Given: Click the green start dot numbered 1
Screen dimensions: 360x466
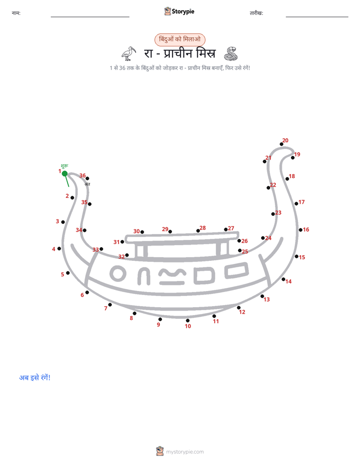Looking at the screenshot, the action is point(65,173).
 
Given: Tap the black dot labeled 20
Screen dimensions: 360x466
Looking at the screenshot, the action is point(281,144).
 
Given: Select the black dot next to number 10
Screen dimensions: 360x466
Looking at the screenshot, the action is point(188,321).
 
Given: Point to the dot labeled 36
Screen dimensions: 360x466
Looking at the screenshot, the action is point(87,179).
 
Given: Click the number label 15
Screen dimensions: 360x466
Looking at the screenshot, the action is point(302,257).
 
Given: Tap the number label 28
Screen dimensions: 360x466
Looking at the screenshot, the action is point(203,228).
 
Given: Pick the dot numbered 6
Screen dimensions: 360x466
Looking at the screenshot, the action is point(87,293).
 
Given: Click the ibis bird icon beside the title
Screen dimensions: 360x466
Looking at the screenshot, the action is point(129,53).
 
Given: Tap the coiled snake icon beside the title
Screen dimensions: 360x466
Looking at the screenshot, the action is point(231,53).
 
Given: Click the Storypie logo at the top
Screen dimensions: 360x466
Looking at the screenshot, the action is point(179,11).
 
